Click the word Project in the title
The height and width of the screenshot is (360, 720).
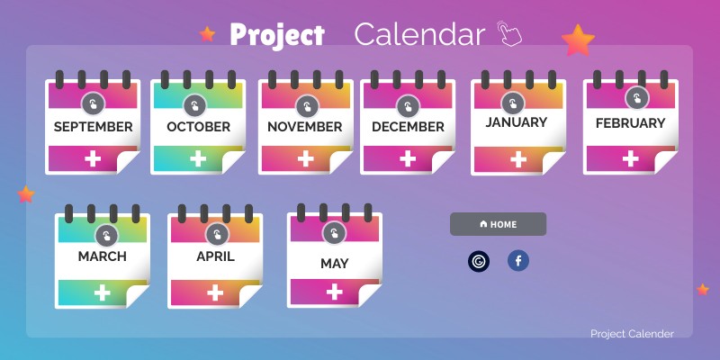tap(276, 35)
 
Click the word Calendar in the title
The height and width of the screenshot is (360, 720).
tap(419, 34)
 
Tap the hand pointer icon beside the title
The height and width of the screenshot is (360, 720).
tap(509, 34)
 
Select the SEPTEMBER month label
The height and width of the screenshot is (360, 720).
tap(93, 127)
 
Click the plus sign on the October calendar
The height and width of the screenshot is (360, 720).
tap(198, 159)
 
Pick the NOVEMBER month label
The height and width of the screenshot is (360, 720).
tap(305, 127)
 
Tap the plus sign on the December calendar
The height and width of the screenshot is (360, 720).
tap(408, 159)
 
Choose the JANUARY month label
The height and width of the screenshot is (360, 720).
tap(517, 122)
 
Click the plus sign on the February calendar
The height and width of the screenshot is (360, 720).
tap(631, 159)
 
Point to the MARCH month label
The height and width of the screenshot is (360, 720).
tap(103, 256)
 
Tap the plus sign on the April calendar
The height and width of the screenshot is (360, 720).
tap(215, 292)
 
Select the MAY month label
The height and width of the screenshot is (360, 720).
tap(335, 264)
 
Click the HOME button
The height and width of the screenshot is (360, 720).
tap(498, 224)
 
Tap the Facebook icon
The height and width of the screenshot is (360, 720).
tap(518, 261)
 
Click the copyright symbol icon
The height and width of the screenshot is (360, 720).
tap(479, 262)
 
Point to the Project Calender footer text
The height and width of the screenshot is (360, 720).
tap(632, 334)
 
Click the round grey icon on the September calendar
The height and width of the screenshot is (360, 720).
tap(93, 103)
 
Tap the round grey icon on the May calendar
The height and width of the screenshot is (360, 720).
tap(335, 235)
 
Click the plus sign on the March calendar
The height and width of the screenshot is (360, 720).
tap(103, 292)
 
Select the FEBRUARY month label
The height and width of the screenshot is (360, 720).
tap(631, 123)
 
